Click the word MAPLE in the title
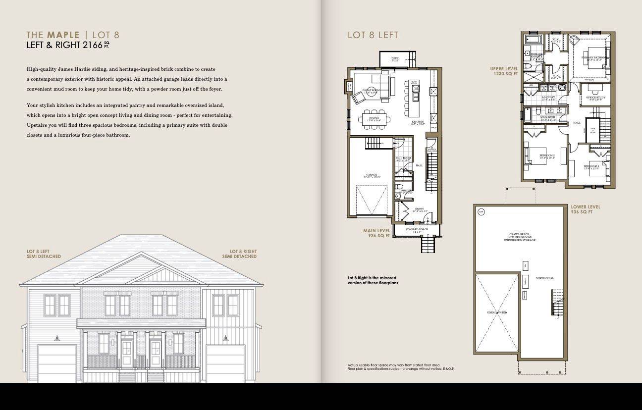click(x=63, y=35)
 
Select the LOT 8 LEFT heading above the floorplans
click(x=373, y=35)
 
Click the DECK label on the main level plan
click(x=395, y=59)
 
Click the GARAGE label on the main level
click(x=372, y=175)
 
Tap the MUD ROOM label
click(x=403, y=158)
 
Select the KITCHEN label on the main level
click(x=418, y=122)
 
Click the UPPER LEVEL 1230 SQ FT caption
click(x=504, y=71)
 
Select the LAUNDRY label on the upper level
click(x=548, y=98)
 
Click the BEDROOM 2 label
click(x=547, y=156)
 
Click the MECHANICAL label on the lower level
click(x=545, y=278)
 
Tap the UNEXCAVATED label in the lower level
click(x=497, y=313)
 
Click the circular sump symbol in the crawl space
click(x=481, y=212)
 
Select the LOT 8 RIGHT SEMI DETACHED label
click(x=239, y=254)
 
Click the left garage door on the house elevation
click(x=57, y=364)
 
